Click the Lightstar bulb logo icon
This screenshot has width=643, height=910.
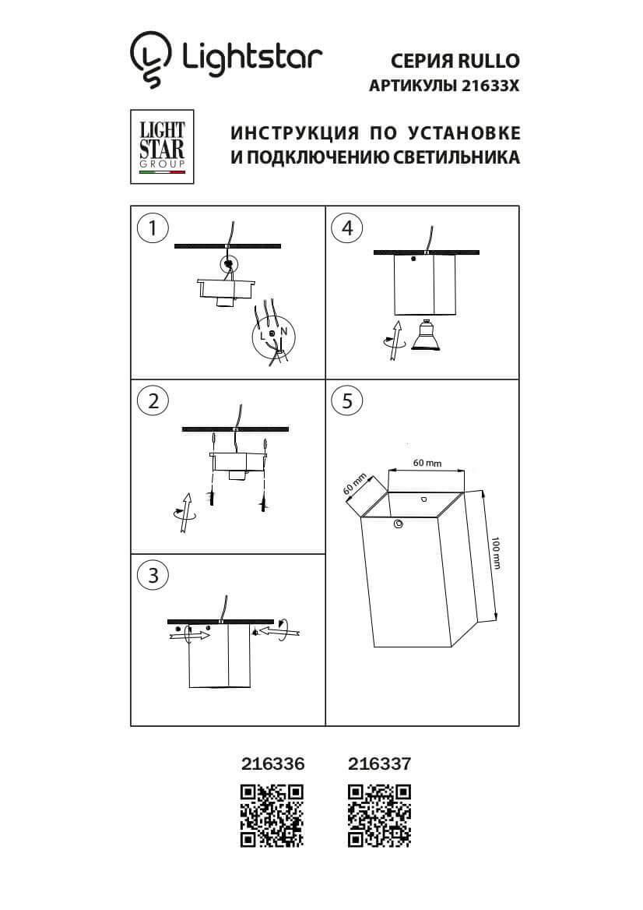click(150, 59)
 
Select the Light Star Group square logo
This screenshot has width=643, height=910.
click(162, 146)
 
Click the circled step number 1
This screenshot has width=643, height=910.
click(152, 227)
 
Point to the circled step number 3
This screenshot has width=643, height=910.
click(152, 575)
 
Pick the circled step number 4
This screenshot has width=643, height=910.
click(347, 227)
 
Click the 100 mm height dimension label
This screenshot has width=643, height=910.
click(496, 552)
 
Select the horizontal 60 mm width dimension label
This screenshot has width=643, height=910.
click(427, 463)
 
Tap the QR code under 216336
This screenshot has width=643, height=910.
click(271, 816)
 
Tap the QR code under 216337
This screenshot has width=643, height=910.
click(379, 816)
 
